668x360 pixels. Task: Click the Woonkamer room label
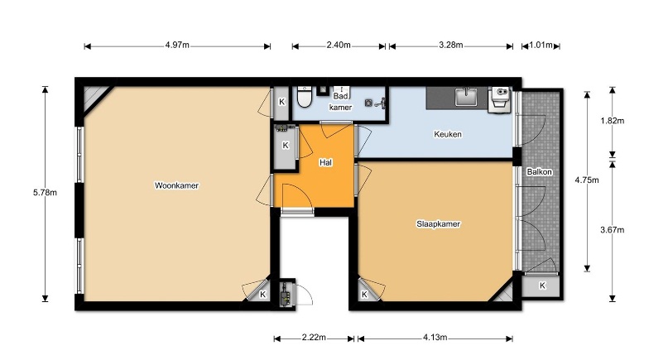pos(176,185)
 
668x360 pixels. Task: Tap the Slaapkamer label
pos(439,224)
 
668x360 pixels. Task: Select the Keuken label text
pos(448,134)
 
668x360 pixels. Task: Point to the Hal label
pos(326,162)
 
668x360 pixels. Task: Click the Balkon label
pos(540,172)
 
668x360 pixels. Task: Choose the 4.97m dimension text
pos(177,45)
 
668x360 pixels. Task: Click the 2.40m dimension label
pos(339,45)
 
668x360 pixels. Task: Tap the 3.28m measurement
pos(451,45)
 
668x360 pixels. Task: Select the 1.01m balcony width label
pos(541,45)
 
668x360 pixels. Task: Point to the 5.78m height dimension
pos(45,193)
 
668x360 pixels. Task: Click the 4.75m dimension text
pos(587,180)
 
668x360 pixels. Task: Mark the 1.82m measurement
pos(613,121)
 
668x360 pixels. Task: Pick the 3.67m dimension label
pos(613,230)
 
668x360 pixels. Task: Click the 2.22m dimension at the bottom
pos(314,338)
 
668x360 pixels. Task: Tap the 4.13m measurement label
pos(435,338)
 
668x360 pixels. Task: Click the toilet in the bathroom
pos(304,97)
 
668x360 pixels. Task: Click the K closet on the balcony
pos(541,286)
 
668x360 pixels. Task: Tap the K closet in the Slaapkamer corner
pos(365,294)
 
